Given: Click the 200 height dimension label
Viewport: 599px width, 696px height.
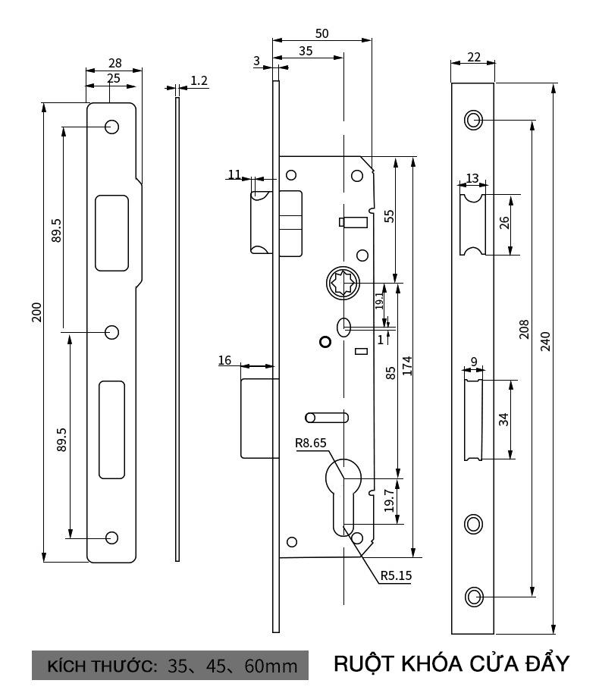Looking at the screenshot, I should pyautogui.click(x=36, y=312).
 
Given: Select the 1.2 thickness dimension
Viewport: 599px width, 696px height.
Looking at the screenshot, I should pyautogui.click(x=199, y=80).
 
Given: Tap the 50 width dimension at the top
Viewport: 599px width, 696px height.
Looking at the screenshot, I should pyautogui.click(x=321, y=33).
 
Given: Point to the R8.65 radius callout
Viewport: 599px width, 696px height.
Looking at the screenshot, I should pyautogui.click(x=312, y=444).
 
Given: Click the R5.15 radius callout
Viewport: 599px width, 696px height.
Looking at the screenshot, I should pyautogui.click(x=396, y=575).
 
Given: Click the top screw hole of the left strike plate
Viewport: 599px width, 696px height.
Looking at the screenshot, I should pyautogui.click(x=111, y=127).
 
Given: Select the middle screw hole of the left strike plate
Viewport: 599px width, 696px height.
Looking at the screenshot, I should pyautogui.click(x=111, y=331).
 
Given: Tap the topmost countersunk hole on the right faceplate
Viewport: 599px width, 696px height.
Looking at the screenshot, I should pyautogui.click(x=473, y=120).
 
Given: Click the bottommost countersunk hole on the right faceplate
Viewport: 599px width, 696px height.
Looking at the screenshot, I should pyautogui.click(x=473, y=597).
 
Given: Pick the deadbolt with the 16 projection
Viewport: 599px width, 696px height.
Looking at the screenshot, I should pyautogui.click(x=256, y=419).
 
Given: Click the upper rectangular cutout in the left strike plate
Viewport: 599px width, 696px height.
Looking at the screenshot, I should pyautogui.click(x=111, y=232).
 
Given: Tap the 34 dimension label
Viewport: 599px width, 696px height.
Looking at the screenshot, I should pyautogui.click(x=503, y=419).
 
